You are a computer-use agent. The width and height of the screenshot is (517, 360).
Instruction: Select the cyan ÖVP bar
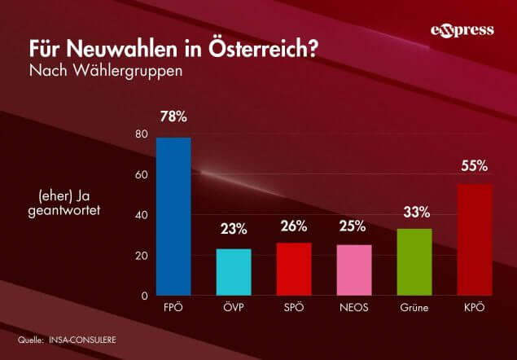click(233, 272)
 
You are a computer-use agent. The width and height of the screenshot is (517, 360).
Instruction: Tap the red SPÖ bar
click(293, 269)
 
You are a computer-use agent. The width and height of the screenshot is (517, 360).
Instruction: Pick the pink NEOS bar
click(353, 270)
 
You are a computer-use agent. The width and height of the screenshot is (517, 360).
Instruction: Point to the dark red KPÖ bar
click(474, 239)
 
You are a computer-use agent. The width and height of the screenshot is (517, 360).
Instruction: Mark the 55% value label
click(474, 166)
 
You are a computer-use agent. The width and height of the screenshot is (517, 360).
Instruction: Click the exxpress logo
click(462, 31)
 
